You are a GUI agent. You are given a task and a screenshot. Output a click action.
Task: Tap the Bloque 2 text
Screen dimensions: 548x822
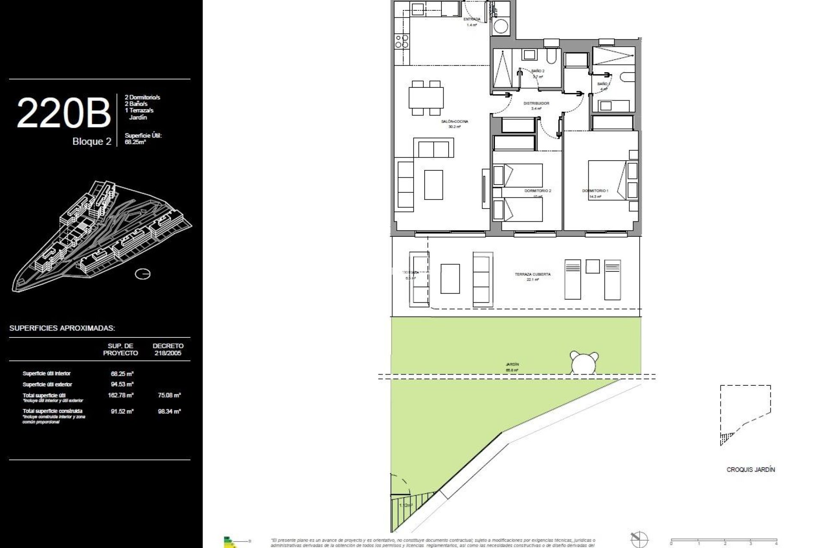click(92, 142)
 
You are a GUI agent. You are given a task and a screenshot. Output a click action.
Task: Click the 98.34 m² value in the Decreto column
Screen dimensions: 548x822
click(169, 411)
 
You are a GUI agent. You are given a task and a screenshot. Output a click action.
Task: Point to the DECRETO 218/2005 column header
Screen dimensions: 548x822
click(168, 349)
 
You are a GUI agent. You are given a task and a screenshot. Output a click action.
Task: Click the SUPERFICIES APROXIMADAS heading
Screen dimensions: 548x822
click(62, 328)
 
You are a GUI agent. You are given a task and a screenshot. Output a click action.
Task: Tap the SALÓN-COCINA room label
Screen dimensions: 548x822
click(455, 122)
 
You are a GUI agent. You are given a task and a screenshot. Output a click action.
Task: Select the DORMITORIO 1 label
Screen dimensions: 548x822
click(595, 191)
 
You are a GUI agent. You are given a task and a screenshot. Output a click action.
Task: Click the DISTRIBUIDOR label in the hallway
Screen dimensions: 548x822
click(536, 104)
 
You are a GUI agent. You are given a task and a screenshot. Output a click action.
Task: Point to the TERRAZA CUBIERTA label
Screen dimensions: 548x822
click(533, 274)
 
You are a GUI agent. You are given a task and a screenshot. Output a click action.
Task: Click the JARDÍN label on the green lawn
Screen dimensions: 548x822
click(512, 365)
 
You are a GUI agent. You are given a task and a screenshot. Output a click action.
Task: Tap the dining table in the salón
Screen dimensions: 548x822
click(426, 98)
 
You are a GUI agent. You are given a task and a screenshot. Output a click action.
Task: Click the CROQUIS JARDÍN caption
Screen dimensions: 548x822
click(751, 470)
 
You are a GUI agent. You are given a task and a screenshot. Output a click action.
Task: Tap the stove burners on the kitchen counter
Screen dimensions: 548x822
click(402, 41)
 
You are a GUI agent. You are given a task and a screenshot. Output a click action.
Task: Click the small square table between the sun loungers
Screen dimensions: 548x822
click(593, 267)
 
